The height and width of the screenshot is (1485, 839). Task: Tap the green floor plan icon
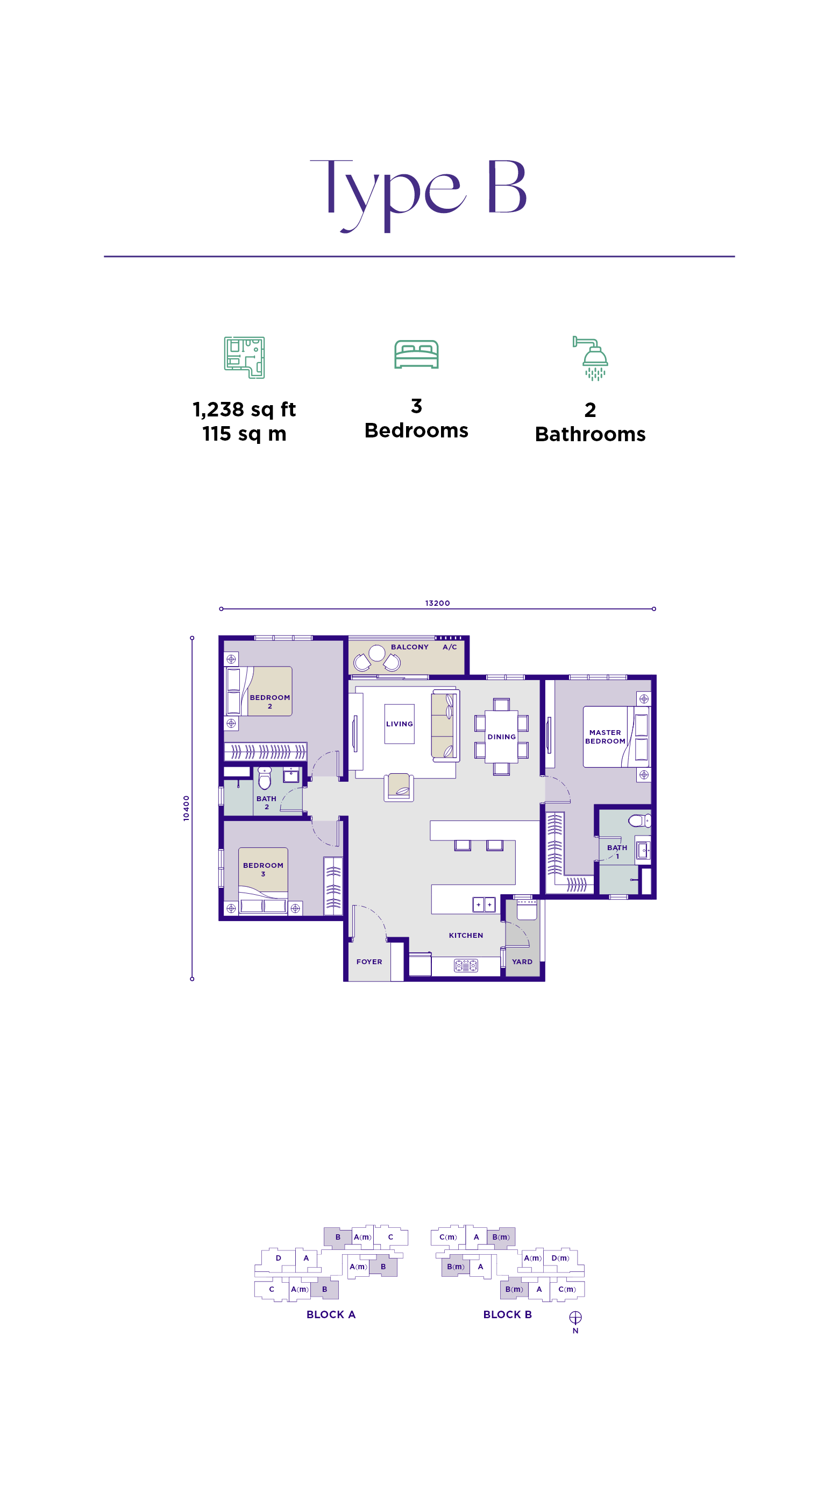244,357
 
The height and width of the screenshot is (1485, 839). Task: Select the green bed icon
417,354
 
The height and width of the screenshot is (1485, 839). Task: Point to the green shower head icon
591,358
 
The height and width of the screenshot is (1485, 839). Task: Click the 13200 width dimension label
437,603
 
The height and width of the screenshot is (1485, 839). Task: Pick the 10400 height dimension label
186,808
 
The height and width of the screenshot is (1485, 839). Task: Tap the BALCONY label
410,647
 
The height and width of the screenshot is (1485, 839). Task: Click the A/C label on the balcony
450,647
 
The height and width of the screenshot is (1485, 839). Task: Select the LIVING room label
399,724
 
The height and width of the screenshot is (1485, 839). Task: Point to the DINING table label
501,737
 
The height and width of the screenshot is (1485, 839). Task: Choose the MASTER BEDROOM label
605,737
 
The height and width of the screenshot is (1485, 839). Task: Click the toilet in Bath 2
265,777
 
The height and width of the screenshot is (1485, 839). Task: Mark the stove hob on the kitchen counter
466,965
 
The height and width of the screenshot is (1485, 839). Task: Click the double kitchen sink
484,904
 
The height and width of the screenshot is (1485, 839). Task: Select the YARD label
522,961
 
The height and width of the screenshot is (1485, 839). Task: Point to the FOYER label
369,961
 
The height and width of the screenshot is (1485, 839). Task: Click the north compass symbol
575,1317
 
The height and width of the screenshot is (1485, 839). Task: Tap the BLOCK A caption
331,1314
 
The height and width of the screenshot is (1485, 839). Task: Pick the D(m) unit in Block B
560,1258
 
